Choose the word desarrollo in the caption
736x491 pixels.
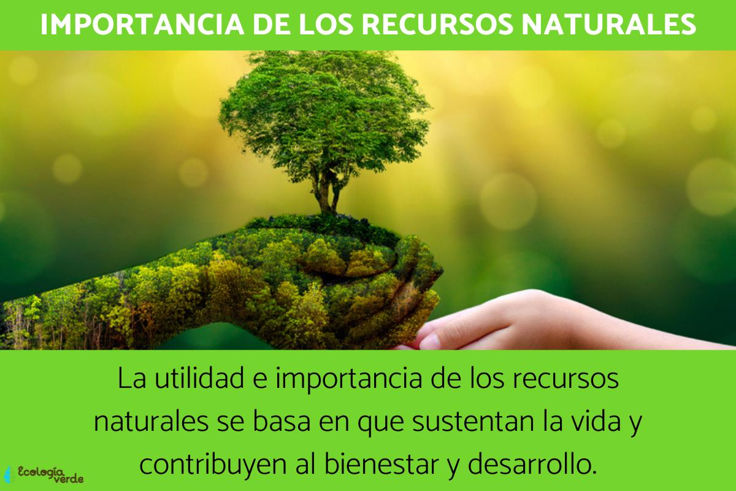point(532,465)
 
